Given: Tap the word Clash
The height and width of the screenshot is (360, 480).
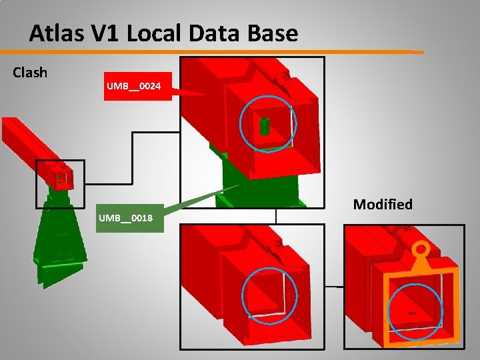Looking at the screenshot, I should coord(30,73).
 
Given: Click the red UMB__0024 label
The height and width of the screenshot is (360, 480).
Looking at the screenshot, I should coord(133,87).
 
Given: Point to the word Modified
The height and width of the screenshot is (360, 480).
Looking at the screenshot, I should coord(383,204).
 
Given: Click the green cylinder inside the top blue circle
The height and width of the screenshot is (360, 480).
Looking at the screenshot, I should coord(265,125).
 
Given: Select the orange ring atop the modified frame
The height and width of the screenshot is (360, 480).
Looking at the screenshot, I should coord(421,251).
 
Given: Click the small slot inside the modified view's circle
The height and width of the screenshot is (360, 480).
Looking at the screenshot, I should coord(412,312).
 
